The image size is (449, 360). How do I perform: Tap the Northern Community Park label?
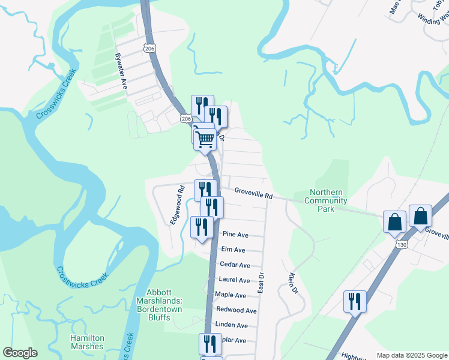327,200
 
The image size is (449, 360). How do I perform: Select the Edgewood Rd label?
176,205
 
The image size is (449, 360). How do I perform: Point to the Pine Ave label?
235,235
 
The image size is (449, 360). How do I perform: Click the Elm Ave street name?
233,250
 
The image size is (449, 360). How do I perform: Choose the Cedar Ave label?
235,265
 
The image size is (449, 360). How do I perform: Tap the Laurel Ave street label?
234,280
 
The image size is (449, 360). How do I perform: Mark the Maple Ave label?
231,295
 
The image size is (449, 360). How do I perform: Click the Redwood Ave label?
236,310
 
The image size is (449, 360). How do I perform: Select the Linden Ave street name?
232,325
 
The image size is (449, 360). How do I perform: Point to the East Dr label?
261,283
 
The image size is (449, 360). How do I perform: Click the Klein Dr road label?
293,283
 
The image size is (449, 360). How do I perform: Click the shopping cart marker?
205,140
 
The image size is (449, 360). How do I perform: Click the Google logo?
20,353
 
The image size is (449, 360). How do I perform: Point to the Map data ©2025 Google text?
412,355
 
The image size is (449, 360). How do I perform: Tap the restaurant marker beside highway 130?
355,301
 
